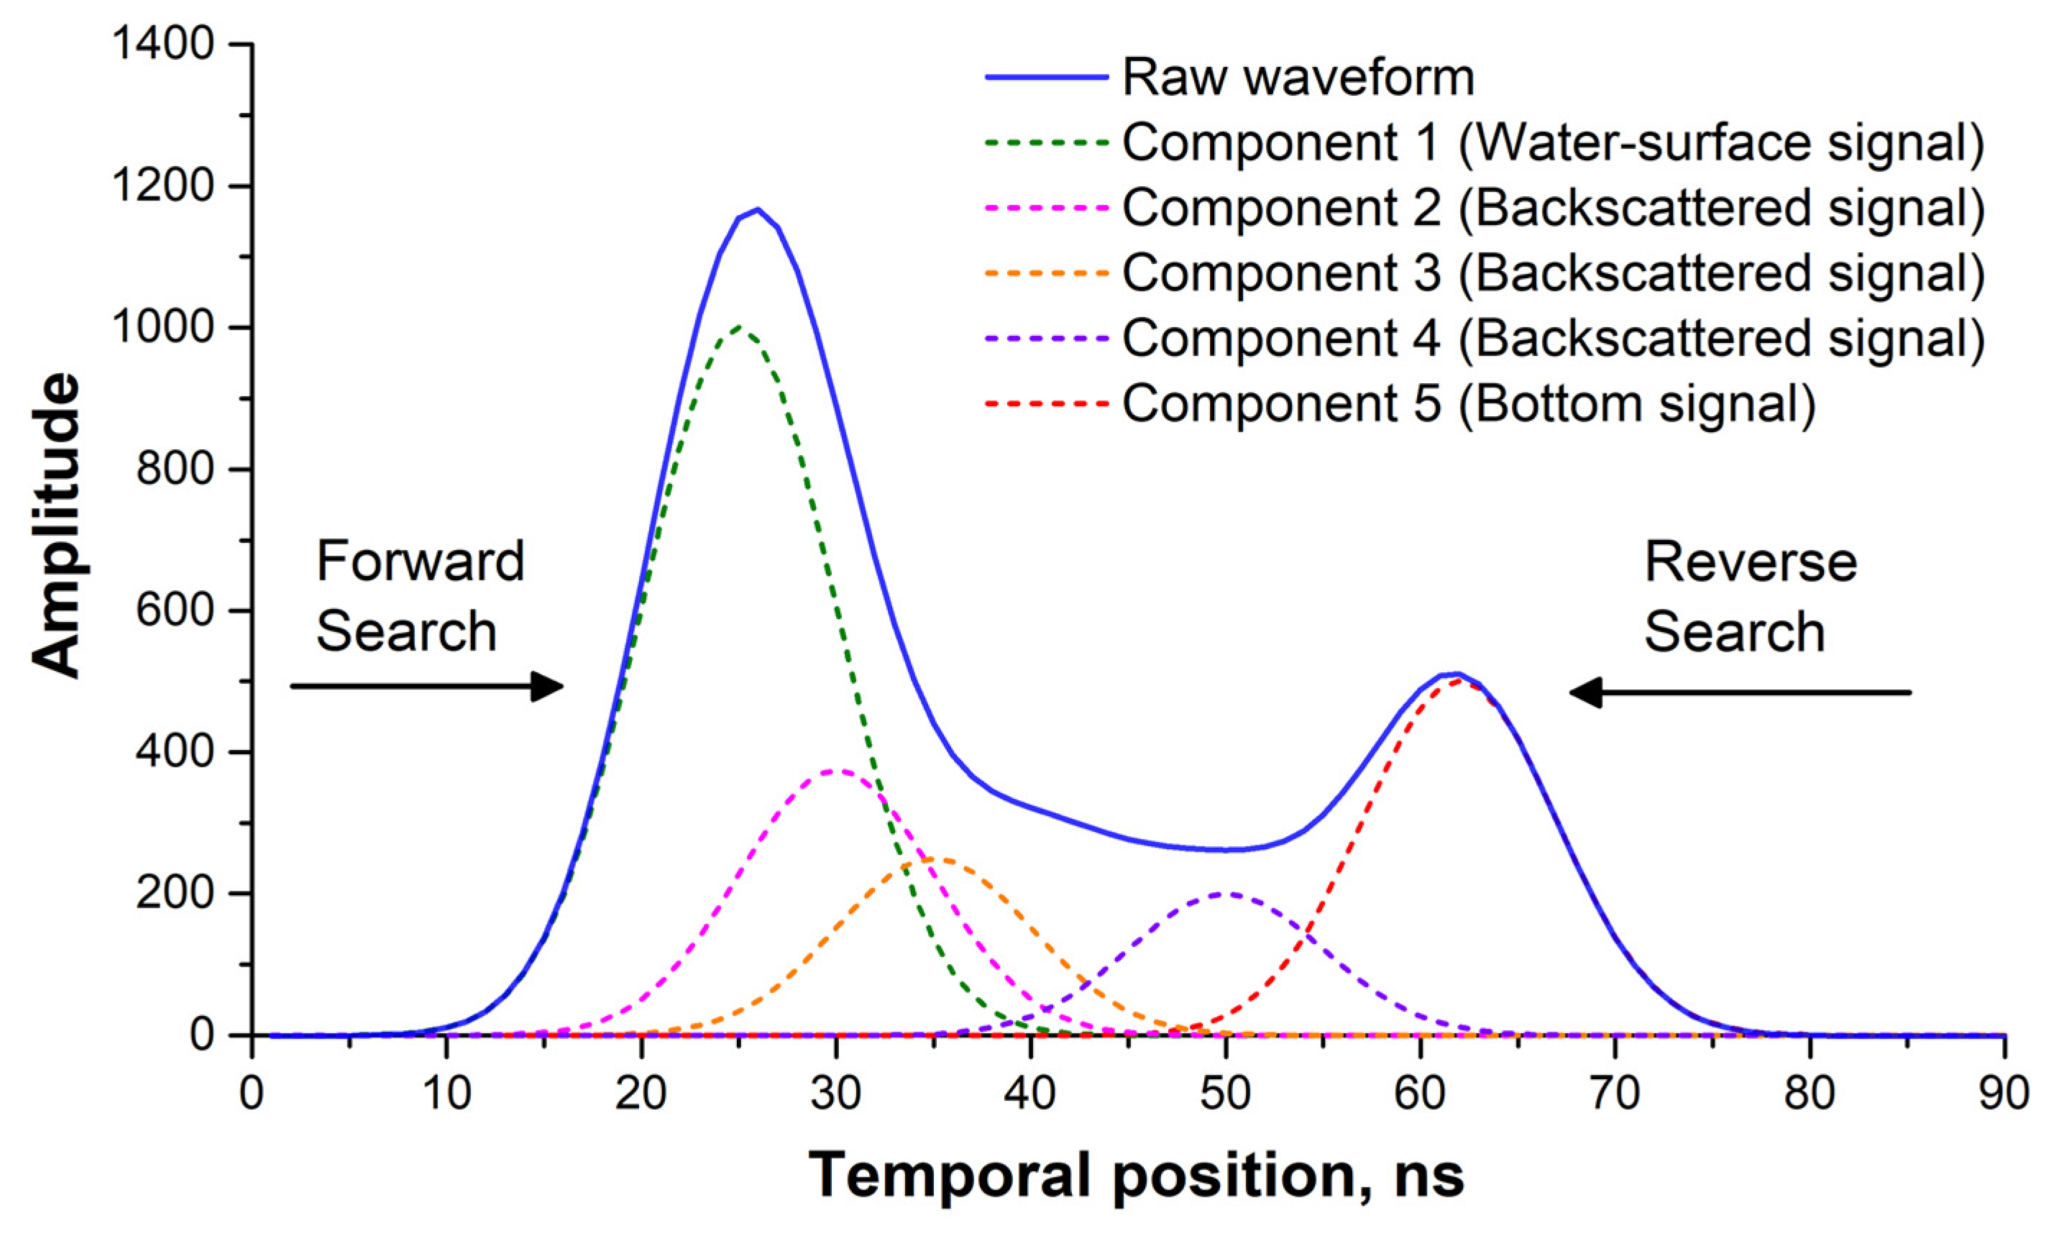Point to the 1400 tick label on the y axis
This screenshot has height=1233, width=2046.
[164, 44]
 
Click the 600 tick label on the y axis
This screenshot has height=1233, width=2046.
[176, 611]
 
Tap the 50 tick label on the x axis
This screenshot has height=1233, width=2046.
[1226, 1094]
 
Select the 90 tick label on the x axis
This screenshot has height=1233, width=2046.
[2001, 1094]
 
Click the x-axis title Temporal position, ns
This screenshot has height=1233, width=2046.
[1137, 1174]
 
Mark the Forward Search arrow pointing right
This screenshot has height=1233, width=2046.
[427, 686]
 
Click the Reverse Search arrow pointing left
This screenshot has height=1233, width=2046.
[1740, 692]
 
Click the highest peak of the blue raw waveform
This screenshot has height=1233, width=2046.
[757, 209]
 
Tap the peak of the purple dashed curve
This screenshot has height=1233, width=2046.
[1226, 894]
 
